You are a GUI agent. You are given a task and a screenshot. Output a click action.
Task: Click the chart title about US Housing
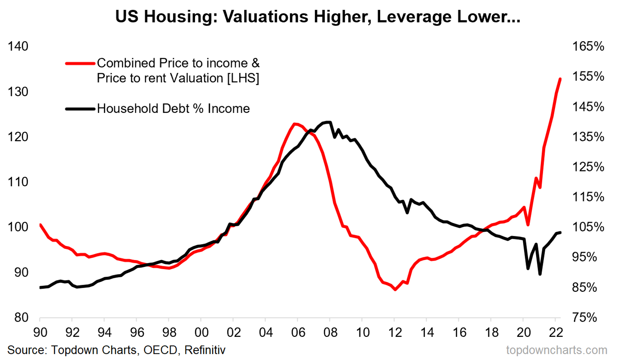pyautogui.click(x=317, y=17)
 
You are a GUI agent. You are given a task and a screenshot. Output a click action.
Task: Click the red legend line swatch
pyautogui.click(x=80, y=63)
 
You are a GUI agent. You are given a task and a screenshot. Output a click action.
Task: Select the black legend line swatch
pyautogui.click(x=80, y=109)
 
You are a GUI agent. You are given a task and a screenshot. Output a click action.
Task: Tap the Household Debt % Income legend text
pyautogui.click(x=173, y=109)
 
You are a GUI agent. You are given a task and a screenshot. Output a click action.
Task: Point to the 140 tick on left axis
pyautogui.click(x=18, y=46)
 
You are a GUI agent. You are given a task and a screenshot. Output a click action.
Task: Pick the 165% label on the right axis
pyautogui.click(x=588, y=46)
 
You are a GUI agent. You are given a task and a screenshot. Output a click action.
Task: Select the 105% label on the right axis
pyautogui.click(x=588, y=227)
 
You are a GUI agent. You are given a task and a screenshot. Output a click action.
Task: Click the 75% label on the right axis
pyautogui.click(x=584, y=317)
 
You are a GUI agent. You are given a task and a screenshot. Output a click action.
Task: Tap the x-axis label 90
pyautogui.click(x=40, y=333)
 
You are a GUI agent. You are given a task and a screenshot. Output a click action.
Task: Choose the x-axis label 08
pyautogui.click(x=330, y=333)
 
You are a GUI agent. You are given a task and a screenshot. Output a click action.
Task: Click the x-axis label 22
pyautogui.click(x=556, y=333)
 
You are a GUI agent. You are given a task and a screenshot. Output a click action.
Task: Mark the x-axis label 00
pyautogui.click(x=201, y=333)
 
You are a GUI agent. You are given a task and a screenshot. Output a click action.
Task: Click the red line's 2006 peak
pyautogui.click(x=295, y=124)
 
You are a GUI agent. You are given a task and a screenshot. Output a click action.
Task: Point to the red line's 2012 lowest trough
pyautogui.click(x=395, y=290)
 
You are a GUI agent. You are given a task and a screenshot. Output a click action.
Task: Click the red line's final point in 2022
pyautogui.click(x=560, y=79)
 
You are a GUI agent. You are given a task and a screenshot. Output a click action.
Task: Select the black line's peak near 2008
pyautogui.click(x=329, y=122)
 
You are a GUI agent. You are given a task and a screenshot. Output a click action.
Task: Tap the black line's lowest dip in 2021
pyautogui.click(x=540, y=274)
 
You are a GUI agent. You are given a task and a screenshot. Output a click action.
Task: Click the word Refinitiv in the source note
pyautogui.click(x=205, y=350)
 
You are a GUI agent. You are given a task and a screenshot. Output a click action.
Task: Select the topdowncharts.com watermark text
pyautogui.click(x=557, y=350)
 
